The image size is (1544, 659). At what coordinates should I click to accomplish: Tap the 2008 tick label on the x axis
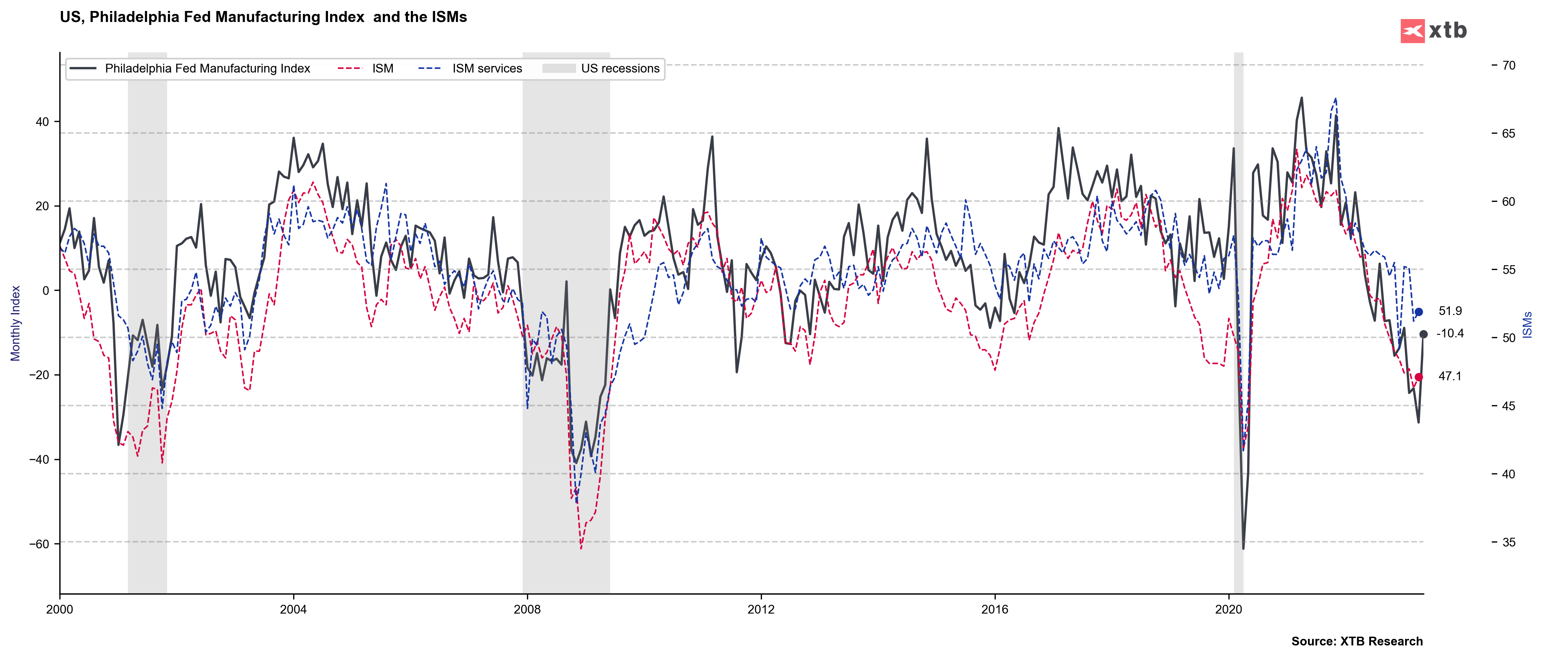click(527, 610)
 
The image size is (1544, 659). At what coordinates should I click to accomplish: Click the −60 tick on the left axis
click(40, 544)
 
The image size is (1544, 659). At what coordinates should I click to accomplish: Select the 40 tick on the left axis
click(42, 122)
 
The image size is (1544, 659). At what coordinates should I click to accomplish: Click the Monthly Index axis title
click(16, 323)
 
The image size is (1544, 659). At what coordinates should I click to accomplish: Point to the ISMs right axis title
click(1527, 325)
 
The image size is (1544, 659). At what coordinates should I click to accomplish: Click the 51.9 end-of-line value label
click(1450, 311)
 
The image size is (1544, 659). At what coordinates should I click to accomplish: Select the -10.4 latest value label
click(1450, 334)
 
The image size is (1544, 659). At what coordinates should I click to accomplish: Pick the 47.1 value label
click(1450, 376)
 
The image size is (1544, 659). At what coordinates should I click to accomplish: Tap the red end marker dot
click(1419, 377)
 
